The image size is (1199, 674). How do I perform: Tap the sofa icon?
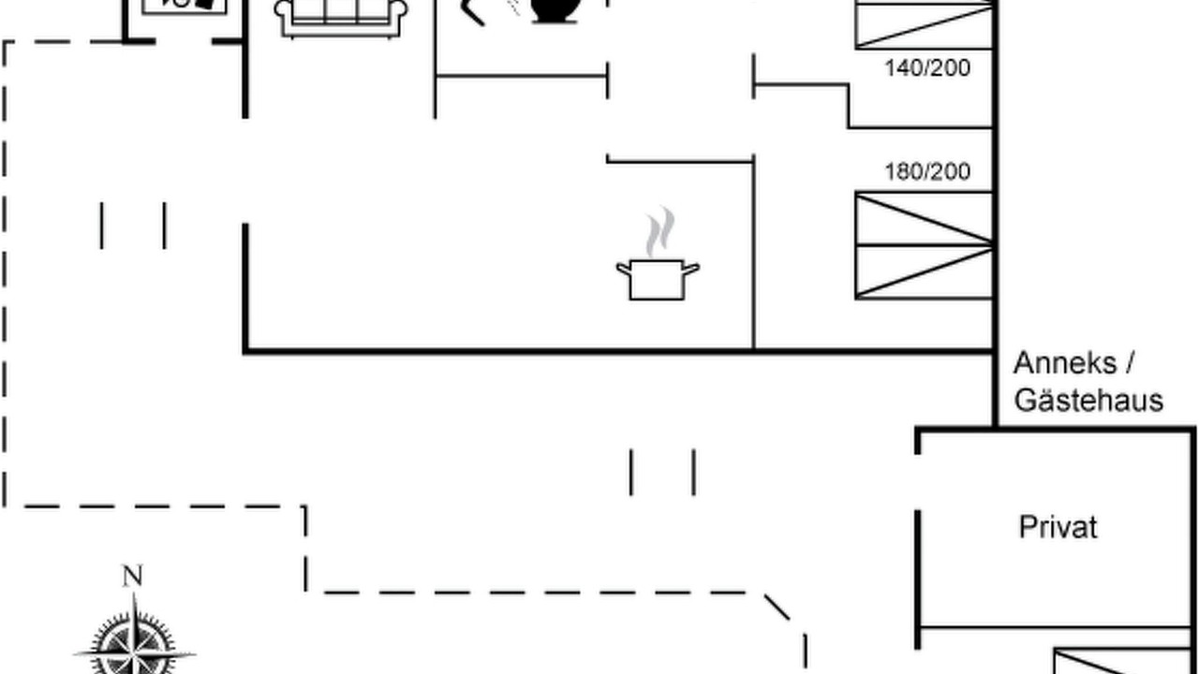point(341,19)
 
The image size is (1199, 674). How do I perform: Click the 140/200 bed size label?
point(927,68)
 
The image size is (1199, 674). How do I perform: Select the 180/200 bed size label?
point(927,171)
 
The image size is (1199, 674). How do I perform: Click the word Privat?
point(1058,527)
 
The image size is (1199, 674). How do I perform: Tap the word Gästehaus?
point(1088,400)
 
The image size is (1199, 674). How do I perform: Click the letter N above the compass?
point(133,576)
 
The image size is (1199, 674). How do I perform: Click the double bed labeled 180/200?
point(925,245)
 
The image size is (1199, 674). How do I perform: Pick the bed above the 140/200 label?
point(925,24)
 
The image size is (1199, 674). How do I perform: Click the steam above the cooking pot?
point(660,232)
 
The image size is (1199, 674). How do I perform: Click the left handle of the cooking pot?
point(623,269)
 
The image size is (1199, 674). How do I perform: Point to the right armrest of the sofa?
point(399,13)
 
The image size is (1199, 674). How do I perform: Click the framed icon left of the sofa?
point(185,7)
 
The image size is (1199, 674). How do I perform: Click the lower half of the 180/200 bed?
point(925,271)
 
